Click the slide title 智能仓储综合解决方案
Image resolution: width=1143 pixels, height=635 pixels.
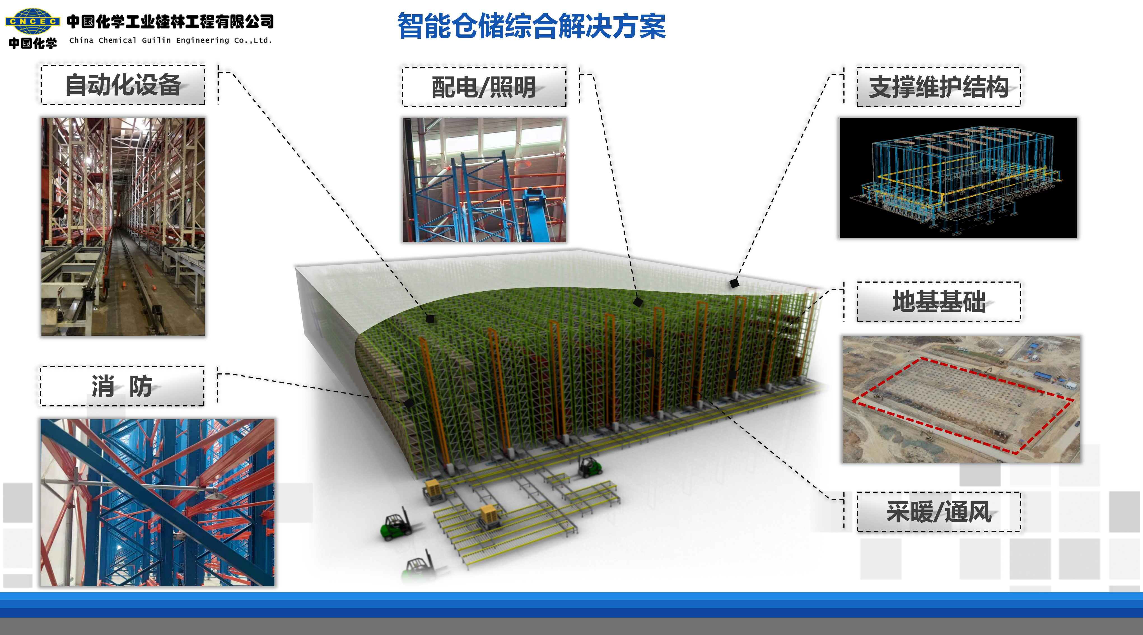coord(531,26)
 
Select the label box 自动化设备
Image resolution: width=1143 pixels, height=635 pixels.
coord(123,85)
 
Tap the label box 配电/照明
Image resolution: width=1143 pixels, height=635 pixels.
coord(484,87)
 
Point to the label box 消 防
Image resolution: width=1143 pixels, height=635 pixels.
coord(122,386)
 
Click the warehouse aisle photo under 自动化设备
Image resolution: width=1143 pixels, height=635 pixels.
coord(123,227)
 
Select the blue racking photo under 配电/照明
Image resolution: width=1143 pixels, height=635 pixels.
coord(484,180)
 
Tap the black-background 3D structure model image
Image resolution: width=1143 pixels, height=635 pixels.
coord(958,178)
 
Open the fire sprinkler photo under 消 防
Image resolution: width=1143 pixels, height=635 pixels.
coord(158,503)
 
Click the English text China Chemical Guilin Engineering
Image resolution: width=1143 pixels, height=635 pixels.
coord(170,40)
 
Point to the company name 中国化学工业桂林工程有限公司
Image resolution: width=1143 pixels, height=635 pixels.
coord(170,21)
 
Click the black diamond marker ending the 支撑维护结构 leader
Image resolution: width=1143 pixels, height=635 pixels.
coord(734,283)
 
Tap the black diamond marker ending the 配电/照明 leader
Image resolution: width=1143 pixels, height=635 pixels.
coord(638,302)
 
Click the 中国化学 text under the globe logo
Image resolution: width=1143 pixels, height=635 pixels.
coord(33,43)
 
